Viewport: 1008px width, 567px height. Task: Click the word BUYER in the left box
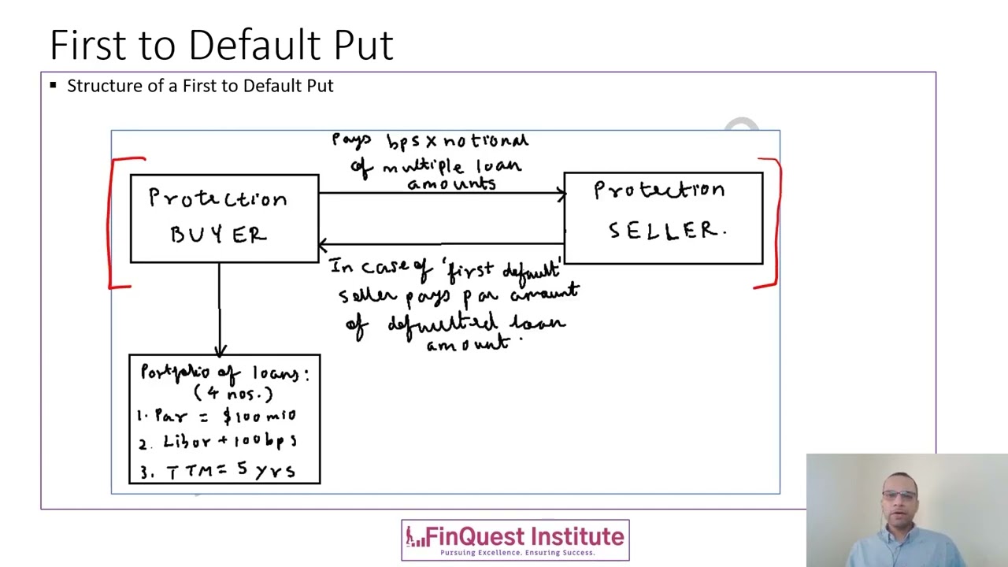tap(219, 235)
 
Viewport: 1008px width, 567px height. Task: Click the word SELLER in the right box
tap(666, 231)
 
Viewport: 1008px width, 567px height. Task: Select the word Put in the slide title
tap(363, 45)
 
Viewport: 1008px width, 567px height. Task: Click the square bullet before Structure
tap(53, 85)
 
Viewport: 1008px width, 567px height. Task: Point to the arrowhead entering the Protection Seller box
tap(561, 193)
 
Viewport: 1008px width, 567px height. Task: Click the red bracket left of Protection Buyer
tap(114, 224)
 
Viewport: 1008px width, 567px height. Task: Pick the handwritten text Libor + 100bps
tap(229, 442)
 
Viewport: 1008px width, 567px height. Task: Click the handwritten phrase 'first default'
tap(504, 272)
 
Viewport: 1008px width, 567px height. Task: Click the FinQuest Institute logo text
tap(524, 536)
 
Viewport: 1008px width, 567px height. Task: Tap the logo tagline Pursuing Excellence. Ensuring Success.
tap(517, 553)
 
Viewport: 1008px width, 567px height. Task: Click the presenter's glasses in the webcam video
tap(899, 496)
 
